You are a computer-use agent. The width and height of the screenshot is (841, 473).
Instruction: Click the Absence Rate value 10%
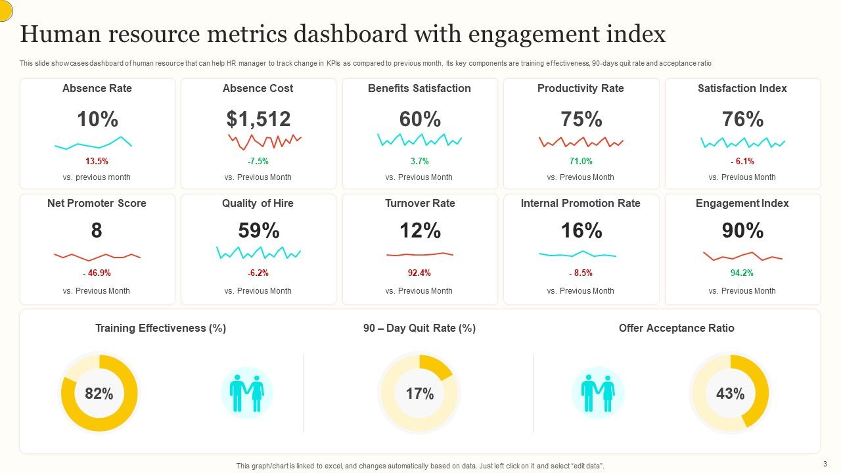pos(97,120)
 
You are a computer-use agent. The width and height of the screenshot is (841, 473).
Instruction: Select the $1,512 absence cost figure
pos(258,120)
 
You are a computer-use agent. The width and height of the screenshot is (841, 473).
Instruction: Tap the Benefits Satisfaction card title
pos(419,88)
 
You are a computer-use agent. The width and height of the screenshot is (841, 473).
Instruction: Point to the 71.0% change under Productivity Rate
pos(581,161)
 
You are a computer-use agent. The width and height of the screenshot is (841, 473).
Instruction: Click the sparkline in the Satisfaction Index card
pos(742,142)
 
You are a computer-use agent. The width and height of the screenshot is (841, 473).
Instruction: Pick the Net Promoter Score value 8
pos(97,231)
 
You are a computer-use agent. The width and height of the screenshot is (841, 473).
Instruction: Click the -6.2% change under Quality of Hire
pos(258,273)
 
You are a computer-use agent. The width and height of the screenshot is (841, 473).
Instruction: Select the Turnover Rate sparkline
pos(420,254)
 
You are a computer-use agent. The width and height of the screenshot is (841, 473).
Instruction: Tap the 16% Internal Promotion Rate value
pos(581,231)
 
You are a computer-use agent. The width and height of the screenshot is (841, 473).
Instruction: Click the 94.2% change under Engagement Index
pos(742,273)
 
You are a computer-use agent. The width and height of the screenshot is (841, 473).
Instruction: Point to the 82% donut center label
pos(99,394)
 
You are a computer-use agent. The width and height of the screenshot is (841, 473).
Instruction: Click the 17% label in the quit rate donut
pos(419,394)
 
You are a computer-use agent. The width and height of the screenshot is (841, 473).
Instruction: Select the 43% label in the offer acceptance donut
pos(730,394)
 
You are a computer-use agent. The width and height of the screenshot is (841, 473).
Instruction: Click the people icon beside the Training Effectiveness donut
pos(247,393)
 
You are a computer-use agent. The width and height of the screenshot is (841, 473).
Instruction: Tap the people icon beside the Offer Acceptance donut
pos(598,393)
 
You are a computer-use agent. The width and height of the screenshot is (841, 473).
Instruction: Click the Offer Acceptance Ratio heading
pos(676,328)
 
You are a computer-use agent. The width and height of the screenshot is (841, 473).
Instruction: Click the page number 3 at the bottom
pos(825,463)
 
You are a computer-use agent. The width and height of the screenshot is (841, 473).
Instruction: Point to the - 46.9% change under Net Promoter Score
pos(97,273)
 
